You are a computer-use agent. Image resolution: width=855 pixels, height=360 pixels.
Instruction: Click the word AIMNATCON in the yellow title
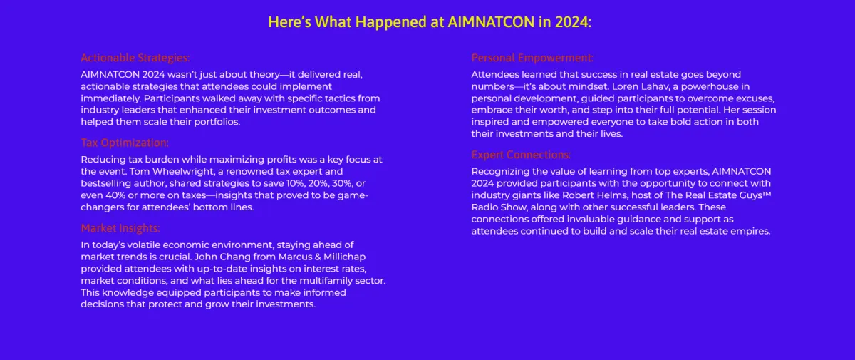click(491, 22)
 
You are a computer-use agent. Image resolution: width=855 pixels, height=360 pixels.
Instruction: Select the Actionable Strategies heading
click(135, 58)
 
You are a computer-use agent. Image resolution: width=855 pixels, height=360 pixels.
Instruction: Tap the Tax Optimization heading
click(125, 143)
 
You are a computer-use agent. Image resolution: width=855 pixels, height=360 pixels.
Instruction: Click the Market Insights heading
click(120, 228)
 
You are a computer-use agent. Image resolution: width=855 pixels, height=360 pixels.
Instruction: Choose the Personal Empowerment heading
click(532, 58)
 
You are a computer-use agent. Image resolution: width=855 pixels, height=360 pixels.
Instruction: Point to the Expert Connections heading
click(521, 155)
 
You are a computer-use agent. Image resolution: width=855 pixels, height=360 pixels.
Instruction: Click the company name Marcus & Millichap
click(322, 257)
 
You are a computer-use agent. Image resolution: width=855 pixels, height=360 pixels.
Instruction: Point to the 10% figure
click(295, 183)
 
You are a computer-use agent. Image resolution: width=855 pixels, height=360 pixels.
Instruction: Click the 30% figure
click(342, 183)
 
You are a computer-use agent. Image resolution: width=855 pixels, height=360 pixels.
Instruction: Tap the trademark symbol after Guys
click(767, 194)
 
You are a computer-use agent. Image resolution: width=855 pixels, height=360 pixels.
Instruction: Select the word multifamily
click(326, 281)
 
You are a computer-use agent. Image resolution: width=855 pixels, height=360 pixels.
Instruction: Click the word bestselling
click(104, 183)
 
